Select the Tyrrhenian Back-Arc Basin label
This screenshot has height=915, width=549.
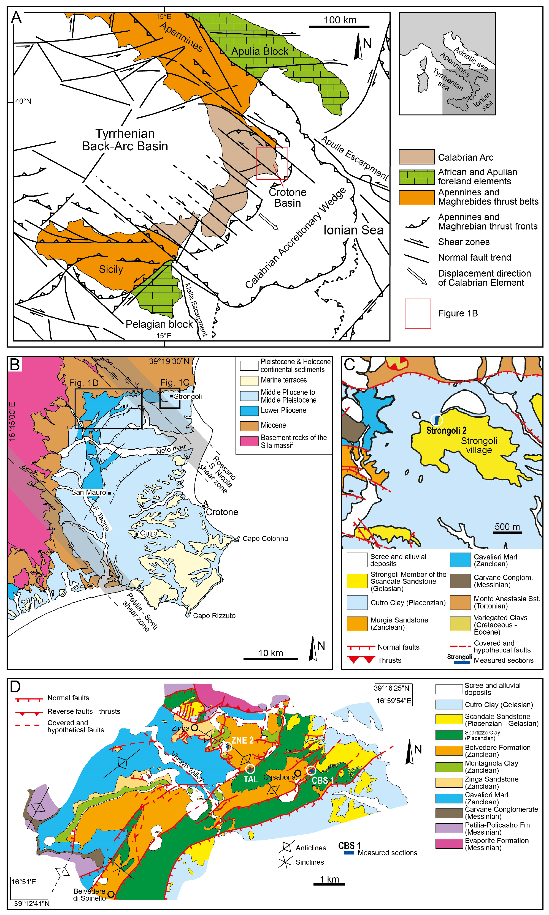[x=125, y=140]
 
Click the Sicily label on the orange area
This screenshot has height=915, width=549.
[x=111, y=269]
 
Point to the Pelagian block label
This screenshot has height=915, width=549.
[x=159, y=324]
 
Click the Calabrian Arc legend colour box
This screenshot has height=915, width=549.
[x=416, y=157]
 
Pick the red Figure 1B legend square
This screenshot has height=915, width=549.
[x=417, y=313]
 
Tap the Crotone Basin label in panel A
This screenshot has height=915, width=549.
[x=288, y=197]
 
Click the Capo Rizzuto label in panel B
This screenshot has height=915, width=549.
[x=214, y=616]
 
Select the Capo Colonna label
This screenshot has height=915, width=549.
[x=265, y=539]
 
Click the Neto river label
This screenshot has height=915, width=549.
[x=171, y=449]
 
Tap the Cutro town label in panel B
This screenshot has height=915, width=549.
[x=148, y=533]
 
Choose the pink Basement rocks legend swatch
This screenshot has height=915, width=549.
[x=249, y=441]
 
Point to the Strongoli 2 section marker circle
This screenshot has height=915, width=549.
[x=437, y=420]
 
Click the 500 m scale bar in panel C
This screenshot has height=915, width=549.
[x=507, y=532]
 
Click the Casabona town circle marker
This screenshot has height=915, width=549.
[x=298, y=773]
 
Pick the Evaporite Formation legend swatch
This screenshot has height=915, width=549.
[x=449, y=844]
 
